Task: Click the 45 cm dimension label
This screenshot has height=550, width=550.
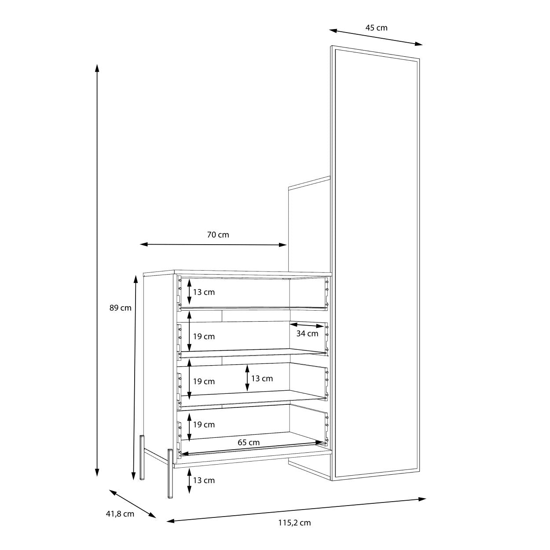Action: [376, 28]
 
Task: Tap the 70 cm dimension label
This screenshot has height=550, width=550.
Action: [218, 235]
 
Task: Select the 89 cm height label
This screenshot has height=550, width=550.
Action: [120, 308]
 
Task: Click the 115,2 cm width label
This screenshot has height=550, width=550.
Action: [294, 523]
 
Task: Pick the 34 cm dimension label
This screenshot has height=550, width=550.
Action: [307, 333]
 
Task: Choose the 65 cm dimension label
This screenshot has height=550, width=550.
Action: [249, 443]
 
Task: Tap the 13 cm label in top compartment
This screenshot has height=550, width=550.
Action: [204, 292]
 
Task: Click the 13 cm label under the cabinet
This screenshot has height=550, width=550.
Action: [204, 480]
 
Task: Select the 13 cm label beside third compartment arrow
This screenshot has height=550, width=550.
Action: [262, 378]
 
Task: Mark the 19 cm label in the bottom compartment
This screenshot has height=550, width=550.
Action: [204, 425]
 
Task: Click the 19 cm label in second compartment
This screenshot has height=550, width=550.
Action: [204, 337]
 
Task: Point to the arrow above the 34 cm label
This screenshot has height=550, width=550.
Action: [307, 326]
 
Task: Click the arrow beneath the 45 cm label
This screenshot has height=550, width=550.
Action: [376, 37]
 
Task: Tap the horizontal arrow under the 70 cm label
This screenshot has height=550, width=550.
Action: [213, 245]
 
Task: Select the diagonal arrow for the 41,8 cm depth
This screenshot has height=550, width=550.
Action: [133, 504]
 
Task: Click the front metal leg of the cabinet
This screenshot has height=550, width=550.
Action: [170, 473]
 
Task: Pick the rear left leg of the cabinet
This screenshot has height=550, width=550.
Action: [142, 458]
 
